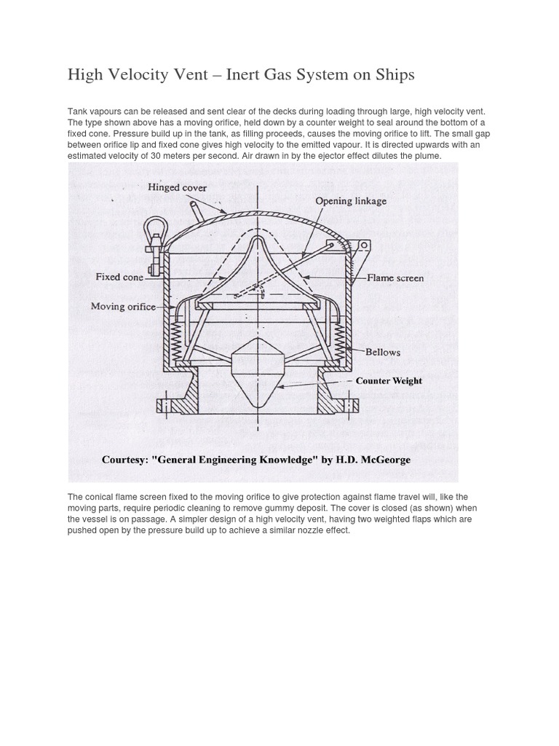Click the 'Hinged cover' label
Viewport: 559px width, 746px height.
pyautogui.click(x=177, y=187)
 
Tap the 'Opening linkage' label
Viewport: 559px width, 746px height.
pyautogui.click(x=351, y=200)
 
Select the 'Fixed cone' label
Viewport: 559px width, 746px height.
pyautogui.click(x=119, y=277)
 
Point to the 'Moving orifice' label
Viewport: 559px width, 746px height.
pyautogui.click(x=123, y=307)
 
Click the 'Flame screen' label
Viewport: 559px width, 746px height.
pyautogui.click(x=395, y=278)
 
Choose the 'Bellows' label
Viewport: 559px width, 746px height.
pyautogui.click(x=383, y=352)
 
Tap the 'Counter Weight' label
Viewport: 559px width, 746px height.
pyautogui.click(x=389, y=380)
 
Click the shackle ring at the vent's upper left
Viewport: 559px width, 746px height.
pyautogui.click(x=154, y=228)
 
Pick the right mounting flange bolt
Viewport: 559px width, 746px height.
pyautogui.click(x=353, y=402)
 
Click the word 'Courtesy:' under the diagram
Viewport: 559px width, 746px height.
pyautogui.click(x=128, y=460)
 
